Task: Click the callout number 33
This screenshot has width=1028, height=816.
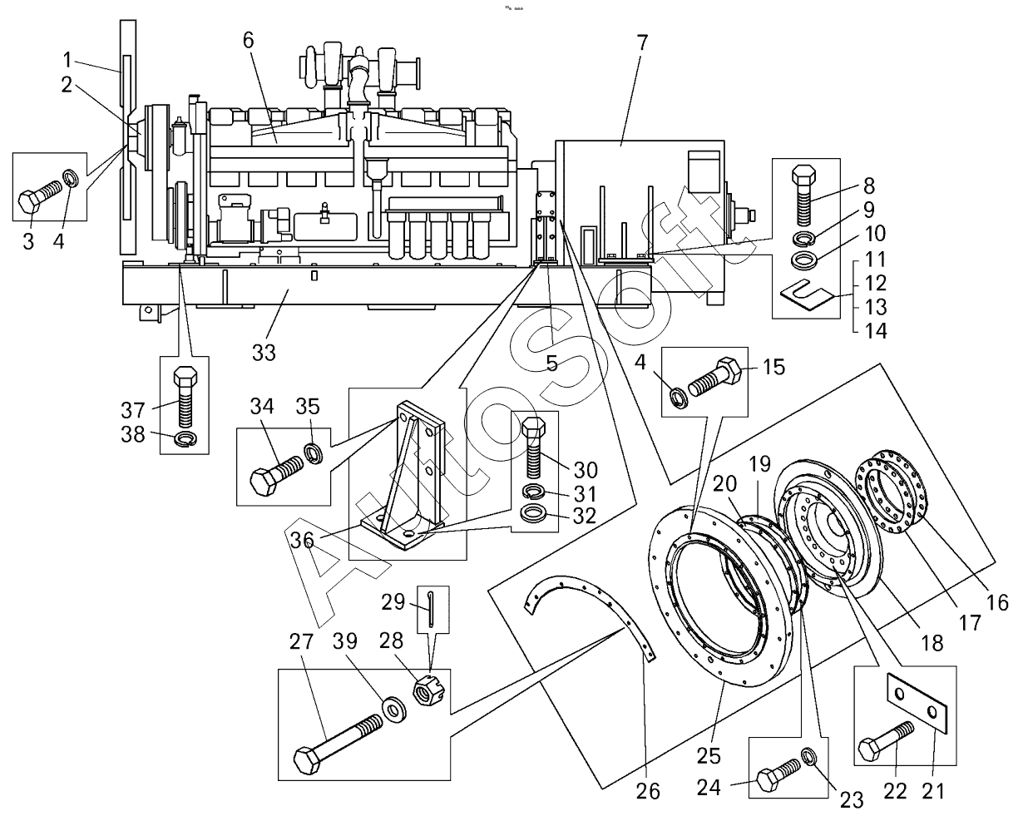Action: pyautogui.click(x=264, y=353)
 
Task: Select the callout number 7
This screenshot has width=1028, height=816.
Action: pyautogui.click(x=642, y=42)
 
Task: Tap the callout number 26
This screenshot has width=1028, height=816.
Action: pyautogui.click(x=648, y=791)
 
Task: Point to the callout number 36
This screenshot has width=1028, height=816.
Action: pyautogui.click(x=302, y=541)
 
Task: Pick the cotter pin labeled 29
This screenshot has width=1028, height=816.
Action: pyautogui.click(x=432, y=608)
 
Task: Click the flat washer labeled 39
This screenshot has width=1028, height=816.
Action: pyautogui.click(x=394, y=710)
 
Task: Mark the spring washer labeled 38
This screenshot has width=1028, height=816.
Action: pyautogui.click(x=185, y=438)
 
